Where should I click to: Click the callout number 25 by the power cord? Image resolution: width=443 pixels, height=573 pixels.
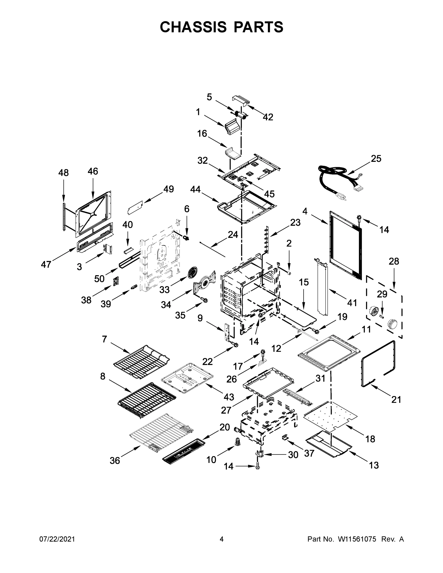click(376, 159)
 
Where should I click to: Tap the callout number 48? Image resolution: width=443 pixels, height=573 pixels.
click(64, 173)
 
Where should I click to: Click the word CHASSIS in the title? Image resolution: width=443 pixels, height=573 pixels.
click(193, 27)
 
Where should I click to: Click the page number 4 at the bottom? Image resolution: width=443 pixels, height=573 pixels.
click(222, 539)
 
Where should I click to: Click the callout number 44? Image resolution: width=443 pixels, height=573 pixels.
click(195, 189)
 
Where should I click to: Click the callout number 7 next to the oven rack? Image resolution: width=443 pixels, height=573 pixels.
click(104, 339)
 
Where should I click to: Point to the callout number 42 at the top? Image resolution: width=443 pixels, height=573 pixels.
click(268, 117)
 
